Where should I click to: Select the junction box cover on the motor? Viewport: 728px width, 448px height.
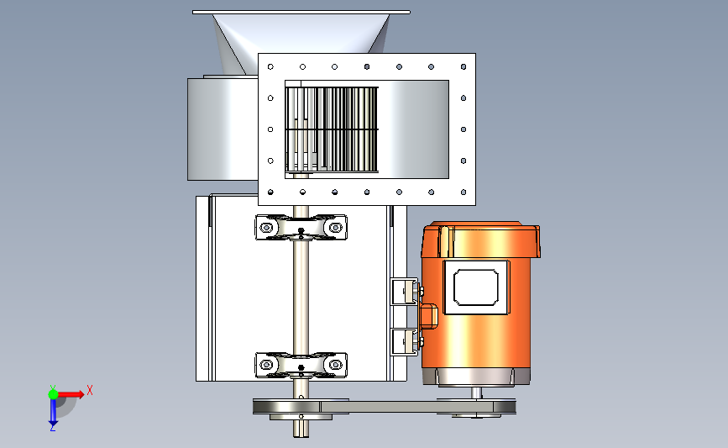pos(476,287)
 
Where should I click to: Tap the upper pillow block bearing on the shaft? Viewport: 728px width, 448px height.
pos(301,227)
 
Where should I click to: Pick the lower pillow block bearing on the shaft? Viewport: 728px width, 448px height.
pos(301,365)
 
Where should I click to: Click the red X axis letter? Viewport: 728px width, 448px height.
pos(90,390)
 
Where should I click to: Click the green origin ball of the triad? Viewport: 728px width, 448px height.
pos(53,394)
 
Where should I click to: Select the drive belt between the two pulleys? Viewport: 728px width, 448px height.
pos(385,407)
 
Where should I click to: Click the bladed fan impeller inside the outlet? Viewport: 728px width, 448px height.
pos(332,129)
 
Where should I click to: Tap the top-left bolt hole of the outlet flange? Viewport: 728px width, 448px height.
pos(270,67)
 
